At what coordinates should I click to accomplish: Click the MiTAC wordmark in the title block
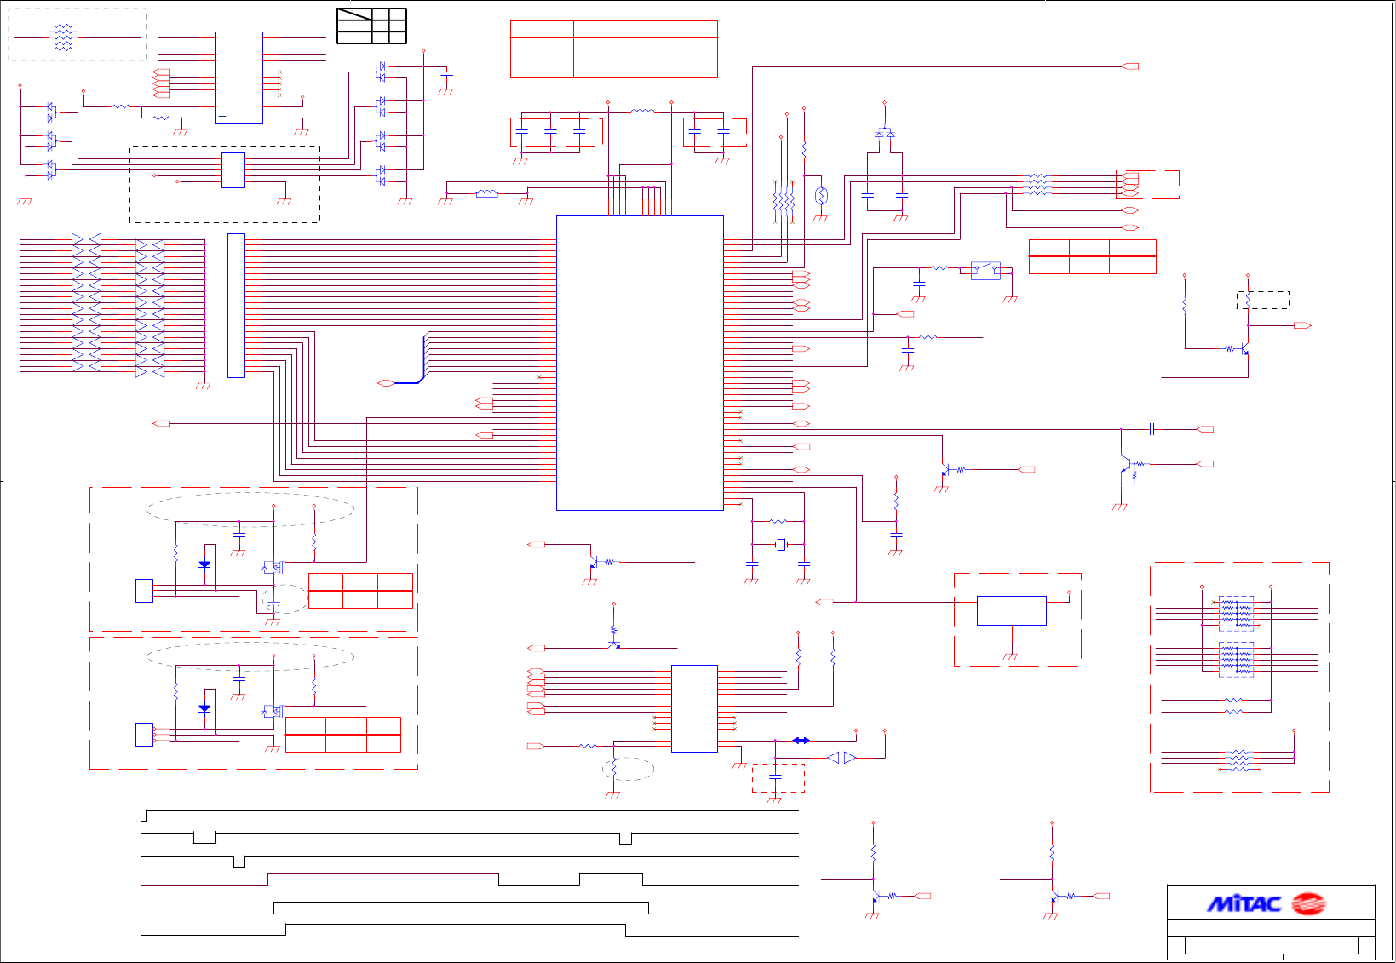(x=1244, y=903)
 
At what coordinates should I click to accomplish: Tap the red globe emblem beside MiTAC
(x=1308, y=903)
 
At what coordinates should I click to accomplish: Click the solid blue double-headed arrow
(x=801, y=740)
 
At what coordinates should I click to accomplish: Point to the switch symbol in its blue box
(x=985, y=270)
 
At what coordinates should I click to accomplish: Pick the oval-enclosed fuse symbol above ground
(x=821, y=196)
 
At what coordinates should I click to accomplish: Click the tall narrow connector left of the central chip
(x=236, y=305)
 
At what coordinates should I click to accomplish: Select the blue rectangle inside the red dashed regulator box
(x=1011, y=610)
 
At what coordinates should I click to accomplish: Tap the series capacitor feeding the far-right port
(x=1152, y=429)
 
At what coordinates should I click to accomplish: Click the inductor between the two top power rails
(x=641, y=112)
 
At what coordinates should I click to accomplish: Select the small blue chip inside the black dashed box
(x=233, y=170)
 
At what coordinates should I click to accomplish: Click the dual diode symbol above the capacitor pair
(x=885, y=134)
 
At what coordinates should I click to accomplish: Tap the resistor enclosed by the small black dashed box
(x=1248, y=300)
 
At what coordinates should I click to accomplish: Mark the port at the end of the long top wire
(x=1131, y=66)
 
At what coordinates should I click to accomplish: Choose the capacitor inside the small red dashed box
(x=775, y=777)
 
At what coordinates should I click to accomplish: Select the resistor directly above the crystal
(x=778, y=521)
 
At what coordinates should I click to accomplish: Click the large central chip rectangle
(x=640, y=363)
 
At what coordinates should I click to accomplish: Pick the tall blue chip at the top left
(x=238, y=77)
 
